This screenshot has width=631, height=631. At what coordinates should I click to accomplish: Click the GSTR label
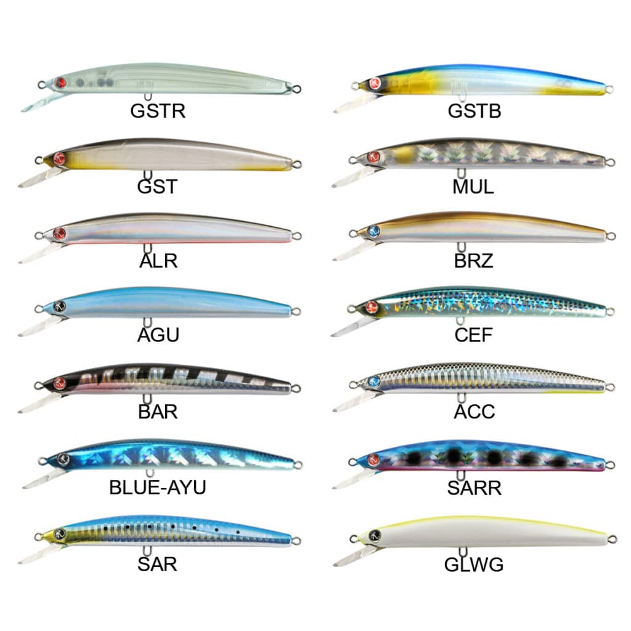pos(158,111)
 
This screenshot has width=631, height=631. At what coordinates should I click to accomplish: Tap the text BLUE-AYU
pos(157,487)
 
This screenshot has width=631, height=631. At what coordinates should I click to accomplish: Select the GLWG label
pos(473,564)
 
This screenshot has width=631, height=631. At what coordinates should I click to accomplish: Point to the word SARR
pos(474,487)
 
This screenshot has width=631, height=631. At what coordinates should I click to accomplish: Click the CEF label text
pos(473,336)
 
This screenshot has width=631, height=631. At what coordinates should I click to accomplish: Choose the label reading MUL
pos(473,186)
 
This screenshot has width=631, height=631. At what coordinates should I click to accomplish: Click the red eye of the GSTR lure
pos(60,83)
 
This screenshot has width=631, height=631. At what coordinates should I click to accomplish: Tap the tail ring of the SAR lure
pos(296,540)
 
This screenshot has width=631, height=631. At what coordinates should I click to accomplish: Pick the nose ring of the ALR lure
pos(39,235)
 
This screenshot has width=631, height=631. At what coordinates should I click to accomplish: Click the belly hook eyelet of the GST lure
pos(147,176)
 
